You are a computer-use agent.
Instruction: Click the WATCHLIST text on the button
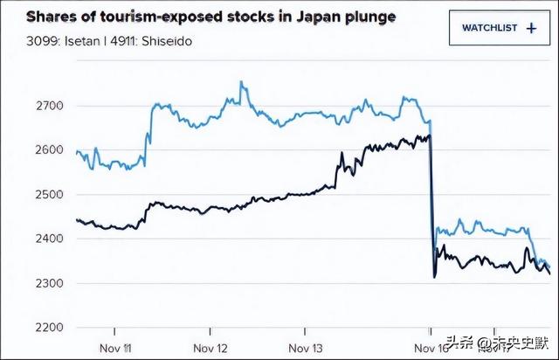(489, 28)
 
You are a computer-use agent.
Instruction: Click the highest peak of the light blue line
(241, 83)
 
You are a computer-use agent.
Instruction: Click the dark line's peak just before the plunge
(428, 135)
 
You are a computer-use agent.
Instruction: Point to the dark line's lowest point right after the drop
(434, 277)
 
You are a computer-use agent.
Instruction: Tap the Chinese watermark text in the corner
(499, 342)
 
